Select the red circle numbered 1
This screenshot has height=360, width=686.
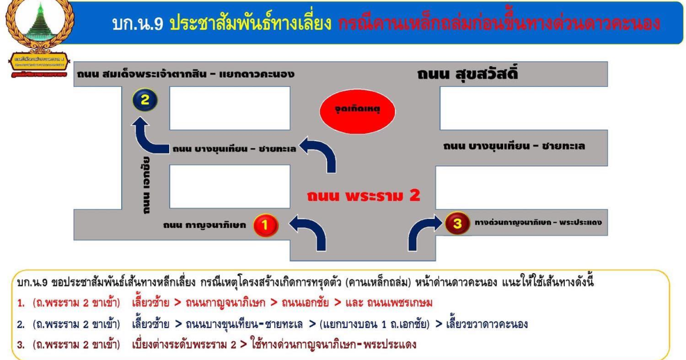click(265, 225)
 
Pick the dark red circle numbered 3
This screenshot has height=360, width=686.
click(457, 223)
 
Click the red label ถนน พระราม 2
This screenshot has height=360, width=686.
click(364, 195)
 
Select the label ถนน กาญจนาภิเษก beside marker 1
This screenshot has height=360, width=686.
click(204, 225)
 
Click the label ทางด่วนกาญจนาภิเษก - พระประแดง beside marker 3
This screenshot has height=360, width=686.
click(538, 223)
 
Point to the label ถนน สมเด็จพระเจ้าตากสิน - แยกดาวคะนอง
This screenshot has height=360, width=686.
click(185, 74)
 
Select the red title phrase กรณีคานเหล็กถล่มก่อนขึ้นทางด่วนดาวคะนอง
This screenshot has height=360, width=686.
click(499, 23)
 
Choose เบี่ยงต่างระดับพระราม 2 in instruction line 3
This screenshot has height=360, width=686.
click(184, 345)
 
